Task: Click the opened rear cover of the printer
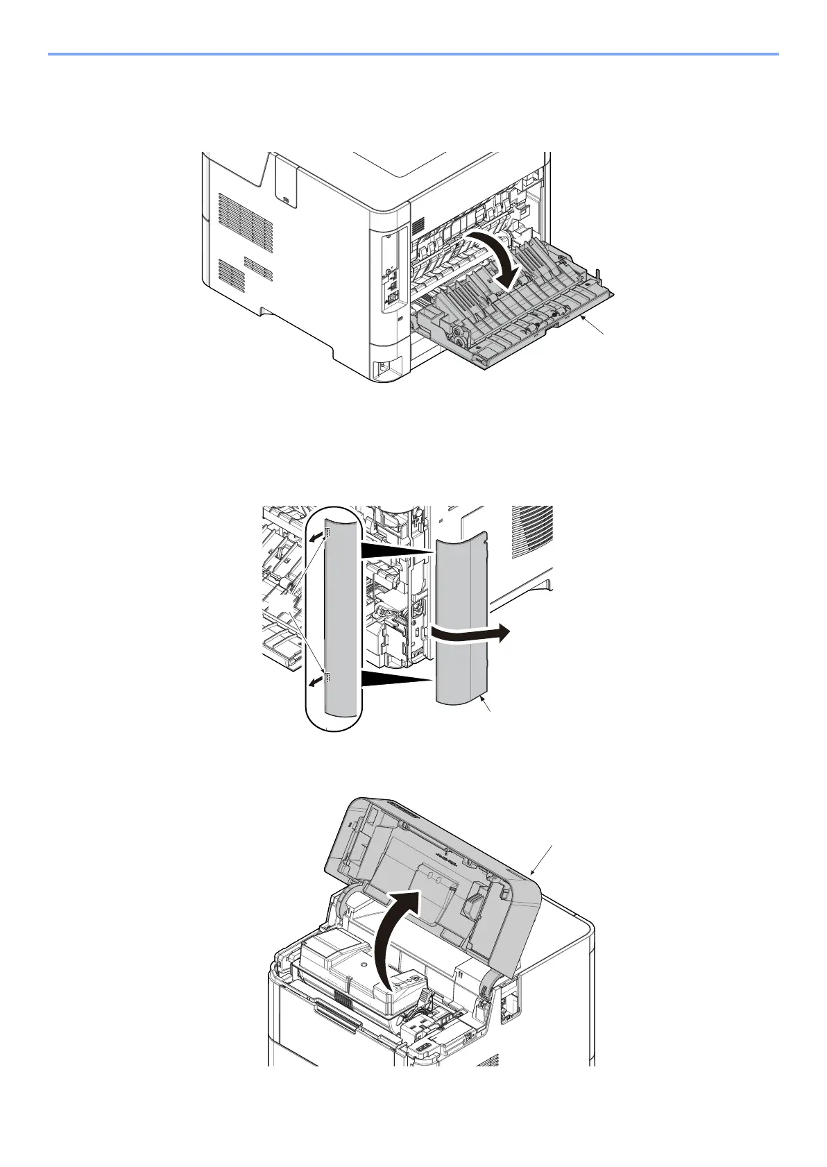(527, 312)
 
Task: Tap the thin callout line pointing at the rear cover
(597, 327)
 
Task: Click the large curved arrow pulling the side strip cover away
(472, 632)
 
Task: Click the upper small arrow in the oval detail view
(317, 536)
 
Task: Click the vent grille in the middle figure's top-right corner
(533, 531)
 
